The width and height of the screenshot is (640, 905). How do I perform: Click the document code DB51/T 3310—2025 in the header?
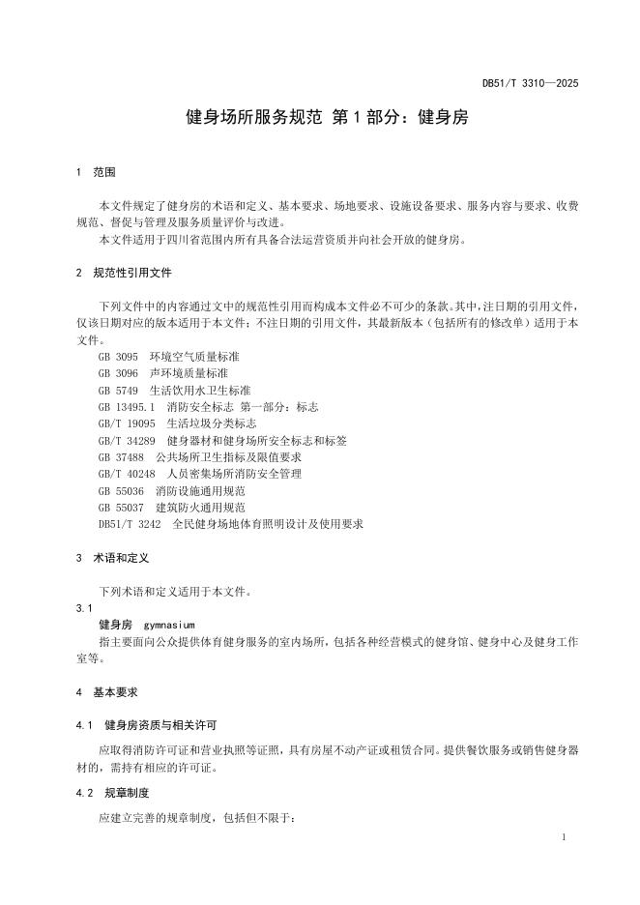point(530,85)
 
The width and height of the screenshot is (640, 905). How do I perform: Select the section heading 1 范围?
point(96,172)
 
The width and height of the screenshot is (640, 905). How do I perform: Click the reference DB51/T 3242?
point(129,524)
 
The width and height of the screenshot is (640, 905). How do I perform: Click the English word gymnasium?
point(169,625)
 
